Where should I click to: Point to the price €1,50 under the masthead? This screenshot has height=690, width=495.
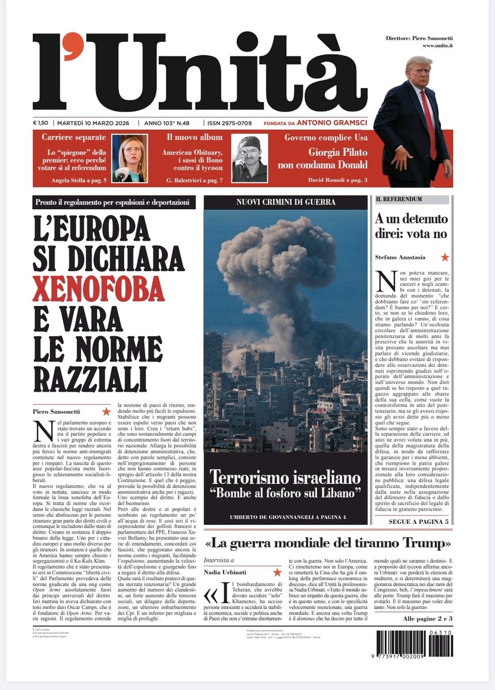tap(41, 123)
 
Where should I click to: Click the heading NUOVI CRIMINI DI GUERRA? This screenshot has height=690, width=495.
tap(285, 202)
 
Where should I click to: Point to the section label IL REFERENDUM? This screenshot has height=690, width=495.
tap(399, 199)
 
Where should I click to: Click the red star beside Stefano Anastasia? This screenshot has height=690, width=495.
tap(444, 257)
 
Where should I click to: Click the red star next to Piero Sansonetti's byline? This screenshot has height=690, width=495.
tap(106, 411)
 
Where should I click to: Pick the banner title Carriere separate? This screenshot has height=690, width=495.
tap(74, 137)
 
